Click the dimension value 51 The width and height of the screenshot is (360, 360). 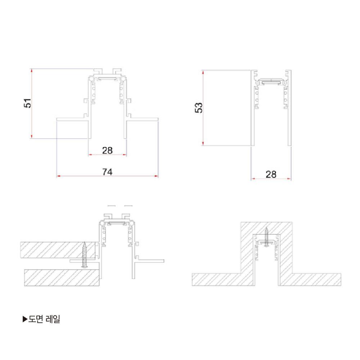(x=28, y=103)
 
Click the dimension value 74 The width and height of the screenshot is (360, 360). (x=107, y=172)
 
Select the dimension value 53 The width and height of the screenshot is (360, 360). (x=199, y=108)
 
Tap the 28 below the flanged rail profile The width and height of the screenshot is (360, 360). (x=107, y=150)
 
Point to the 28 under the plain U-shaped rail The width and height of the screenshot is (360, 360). (x=271, y=175)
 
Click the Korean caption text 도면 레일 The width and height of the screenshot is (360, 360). (x=44, y=319)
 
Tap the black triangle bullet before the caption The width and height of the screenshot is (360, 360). (x=25, y=319)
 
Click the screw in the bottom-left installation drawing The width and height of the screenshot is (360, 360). (x=85, y=255)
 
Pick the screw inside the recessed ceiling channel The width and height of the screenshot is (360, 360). (x=266, y=237)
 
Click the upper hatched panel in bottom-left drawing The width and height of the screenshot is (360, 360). (x=58, y=250)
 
